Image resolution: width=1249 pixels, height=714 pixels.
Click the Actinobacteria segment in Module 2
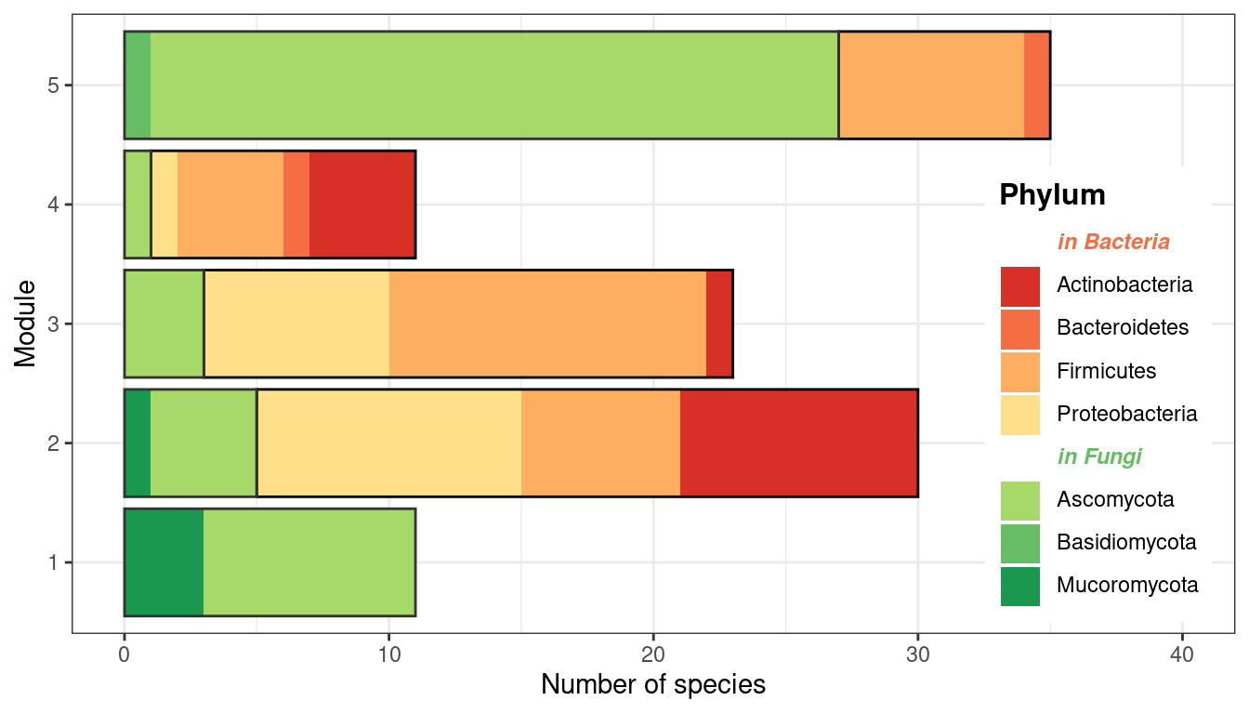click(798, 443)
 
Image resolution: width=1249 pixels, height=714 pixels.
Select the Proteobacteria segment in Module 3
click(296, 324)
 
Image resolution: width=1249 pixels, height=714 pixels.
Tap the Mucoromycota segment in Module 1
click(164, 562)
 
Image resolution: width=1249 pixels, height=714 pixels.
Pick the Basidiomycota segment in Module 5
click(138, 86)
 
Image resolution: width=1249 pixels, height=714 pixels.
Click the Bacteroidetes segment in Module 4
click(296, 205)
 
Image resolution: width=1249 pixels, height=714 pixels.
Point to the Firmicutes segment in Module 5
click(931, 86)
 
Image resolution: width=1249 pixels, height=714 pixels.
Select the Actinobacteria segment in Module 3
click(719, 324)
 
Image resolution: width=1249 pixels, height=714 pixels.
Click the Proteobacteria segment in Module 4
click(164, 205)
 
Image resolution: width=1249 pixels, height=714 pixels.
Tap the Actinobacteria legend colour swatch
click(1019, 285)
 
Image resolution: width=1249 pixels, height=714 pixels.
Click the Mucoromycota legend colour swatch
click(1019, 586)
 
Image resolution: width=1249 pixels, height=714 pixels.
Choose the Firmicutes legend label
click(1106, 371)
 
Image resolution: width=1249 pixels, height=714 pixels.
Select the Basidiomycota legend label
click(1126, 542)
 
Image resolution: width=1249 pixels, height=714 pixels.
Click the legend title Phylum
click(1052, 195)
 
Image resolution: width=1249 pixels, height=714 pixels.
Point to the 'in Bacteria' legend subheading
click(1113, 242)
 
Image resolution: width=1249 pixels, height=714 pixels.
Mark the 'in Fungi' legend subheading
click(1099, 456)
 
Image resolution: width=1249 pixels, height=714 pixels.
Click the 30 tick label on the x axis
click(918, 654)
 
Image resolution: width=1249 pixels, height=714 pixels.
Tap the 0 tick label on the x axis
click(125, 654)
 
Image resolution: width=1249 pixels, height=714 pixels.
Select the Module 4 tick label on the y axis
click(54, 205)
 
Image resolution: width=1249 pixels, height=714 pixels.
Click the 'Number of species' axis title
click(653, 685)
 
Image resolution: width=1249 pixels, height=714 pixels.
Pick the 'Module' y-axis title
click(26, 324)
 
